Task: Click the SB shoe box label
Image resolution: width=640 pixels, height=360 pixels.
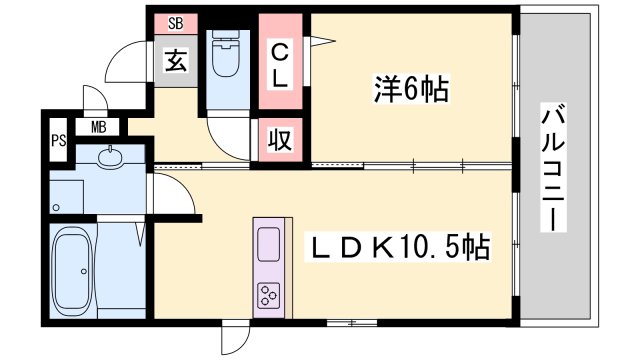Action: (x=176, y=24)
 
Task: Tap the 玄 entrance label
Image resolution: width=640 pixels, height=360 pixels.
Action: (x=176, y=61)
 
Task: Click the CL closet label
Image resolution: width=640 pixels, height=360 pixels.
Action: (x=280, y=66)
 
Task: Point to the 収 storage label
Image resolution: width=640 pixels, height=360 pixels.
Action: (x=280, y=140)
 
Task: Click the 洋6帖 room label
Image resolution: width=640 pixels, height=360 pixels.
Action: (x=411, y=89)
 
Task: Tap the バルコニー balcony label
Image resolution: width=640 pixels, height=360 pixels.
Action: (x=553, y=167)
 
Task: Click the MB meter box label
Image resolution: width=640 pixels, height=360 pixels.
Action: (x=98, y=128)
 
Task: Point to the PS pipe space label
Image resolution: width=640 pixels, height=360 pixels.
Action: (x=58, y=141)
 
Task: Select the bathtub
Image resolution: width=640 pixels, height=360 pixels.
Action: (x=73, y=270)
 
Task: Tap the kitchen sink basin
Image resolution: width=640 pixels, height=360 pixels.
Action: (x=269, y=244)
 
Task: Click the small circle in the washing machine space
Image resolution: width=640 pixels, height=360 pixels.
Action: (x=56, y=208)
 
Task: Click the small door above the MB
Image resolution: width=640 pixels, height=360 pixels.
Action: (x=95, y=99)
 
